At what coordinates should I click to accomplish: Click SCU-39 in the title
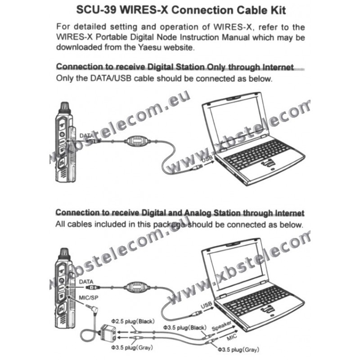pyautogui.click(x=96, y=10)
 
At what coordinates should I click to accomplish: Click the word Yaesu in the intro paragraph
pyautogui.click(x=150, y=47)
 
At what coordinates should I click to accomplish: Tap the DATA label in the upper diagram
pyautogui.click(x=86, y=136)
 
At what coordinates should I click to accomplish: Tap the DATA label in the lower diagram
pyautogui.click(x=86, y=282)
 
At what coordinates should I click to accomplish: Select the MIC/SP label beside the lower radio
pyautogui.click(x=89, y=298)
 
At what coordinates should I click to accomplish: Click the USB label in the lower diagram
pyautogui.click(x=207, y=306)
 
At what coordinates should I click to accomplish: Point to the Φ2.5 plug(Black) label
pyautogui.click(x=133, y=321)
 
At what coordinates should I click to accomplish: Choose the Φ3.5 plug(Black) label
pyautogui.click(x=185, y=328)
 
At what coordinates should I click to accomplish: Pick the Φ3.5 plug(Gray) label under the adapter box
pyautogui.click(x=132, y=347)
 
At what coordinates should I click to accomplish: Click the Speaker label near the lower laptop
pyautogui.click(x=221, y=326)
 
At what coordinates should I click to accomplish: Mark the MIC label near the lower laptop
pyautogui.click(x=232, y=337)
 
